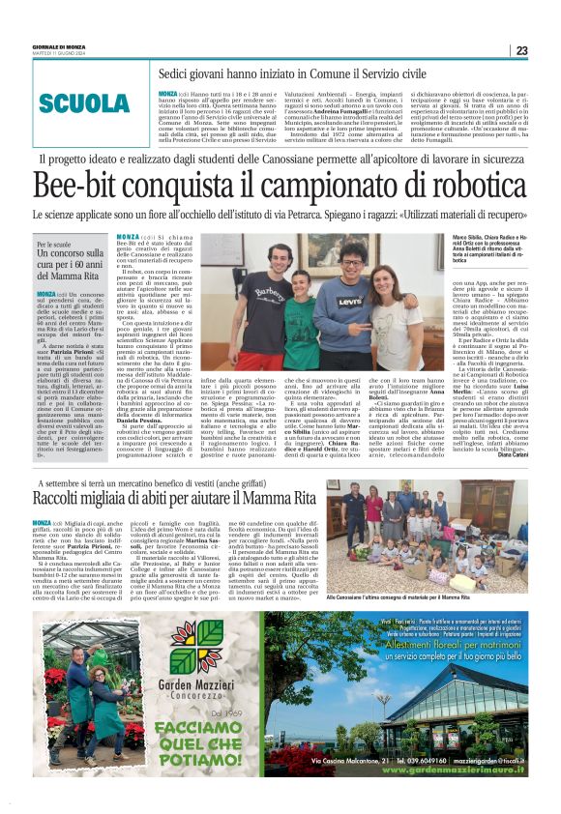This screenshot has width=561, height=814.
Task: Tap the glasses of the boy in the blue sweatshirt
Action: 351,256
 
